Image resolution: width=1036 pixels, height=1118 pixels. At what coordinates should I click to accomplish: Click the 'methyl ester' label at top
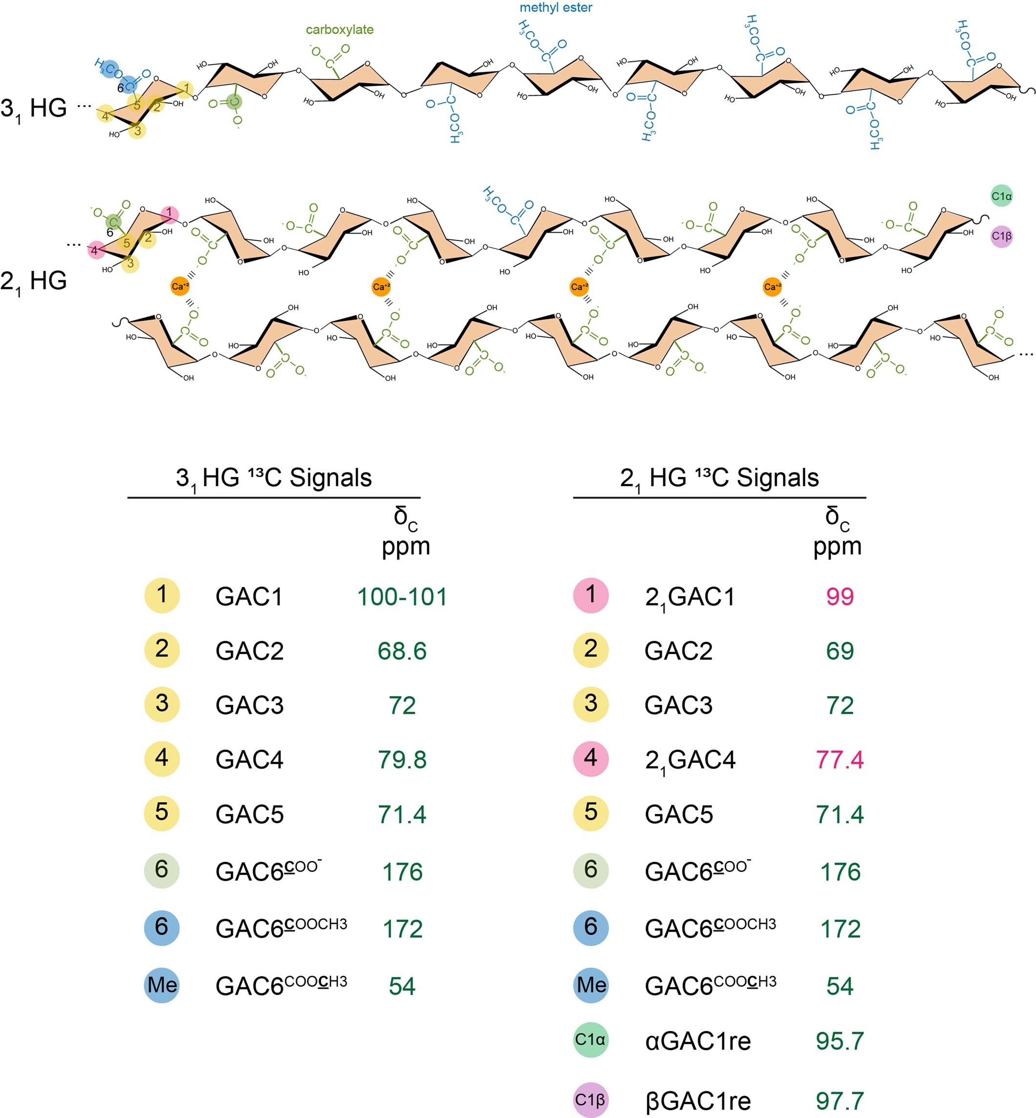point(556,8)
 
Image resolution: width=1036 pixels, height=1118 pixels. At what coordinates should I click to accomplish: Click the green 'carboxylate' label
point(340,30)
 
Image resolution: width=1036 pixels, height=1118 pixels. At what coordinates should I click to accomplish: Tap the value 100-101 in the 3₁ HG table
point(402,596)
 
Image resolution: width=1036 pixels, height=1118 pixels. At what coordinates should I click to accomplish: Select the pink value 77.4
point(839,760)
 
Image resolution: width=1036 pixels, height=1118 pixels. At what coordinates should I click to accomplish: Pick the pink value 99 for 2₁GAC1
point(839,596)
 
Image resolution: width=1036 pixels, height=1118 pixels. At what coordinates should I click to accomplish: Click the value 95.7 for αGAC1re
point(839,1041)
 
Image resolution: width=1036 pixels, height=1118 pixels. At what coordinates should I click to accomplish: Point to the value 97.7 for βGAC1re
point(839,1100)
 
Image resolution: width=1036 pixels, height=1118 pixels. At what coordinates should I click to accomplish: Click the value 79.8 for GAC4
point(402,760)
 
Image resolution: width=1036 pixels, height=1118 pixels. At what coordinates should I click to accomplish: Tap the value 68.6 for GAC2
point(402,651)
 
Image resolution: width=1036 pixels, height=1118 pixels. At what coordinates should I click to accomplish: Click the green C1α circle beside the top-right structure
point(1001,196)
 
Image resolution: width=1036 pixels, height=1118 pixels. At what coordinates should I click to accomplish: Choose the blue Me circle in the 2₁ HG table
point(591,985)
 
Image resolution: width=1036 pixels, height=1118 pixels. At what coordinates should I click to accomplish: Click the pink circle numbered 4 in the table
point(591,759)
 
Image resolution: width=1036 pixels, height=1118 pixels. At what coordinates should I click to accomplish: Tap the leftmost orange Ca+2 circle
point(180,286)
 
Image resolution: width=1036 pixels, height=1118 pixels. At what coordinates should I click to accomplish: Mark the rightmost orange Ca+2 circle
point(773,286)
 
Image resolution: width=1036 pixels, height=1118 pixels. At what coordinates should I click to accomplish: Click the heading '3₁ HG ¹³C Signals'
point(274,478)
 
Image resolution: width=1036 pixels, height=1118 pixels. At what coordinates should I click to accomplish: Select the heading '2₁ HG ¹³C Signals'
point(719,478)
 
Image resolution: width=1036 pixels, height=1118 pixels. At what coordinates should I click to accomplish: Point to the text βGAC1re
point(697,1100)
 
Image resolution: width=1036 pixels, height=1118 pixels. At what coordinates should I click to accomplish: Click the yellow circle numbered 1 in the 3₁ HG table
point(162,595)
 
